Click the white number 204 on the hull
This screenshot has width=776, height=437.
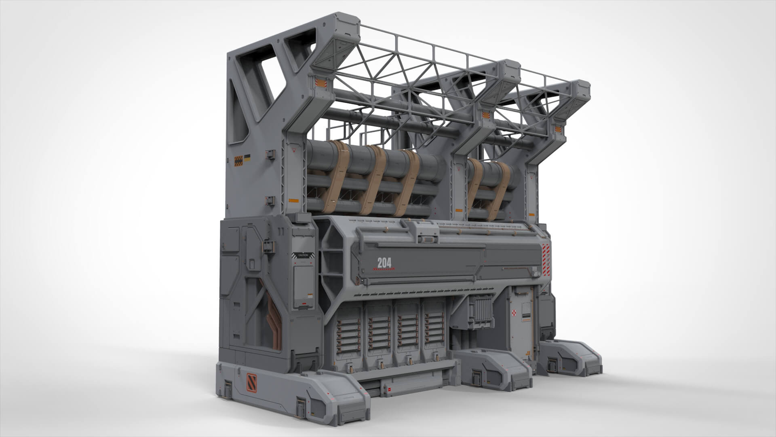tap(384, 263)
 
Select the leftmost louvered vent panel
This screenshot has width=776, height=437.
tap(349, 334)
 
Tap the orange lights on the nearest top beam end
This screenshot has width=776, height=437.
tap(320, 83)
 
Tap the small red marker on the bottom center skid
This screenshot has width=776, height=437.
tap(390, 389)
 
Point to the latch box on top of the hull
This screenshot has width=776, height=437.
tap(428, 235)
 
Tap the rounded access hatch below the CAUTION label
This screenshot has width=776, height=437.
tap(302, 285)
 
